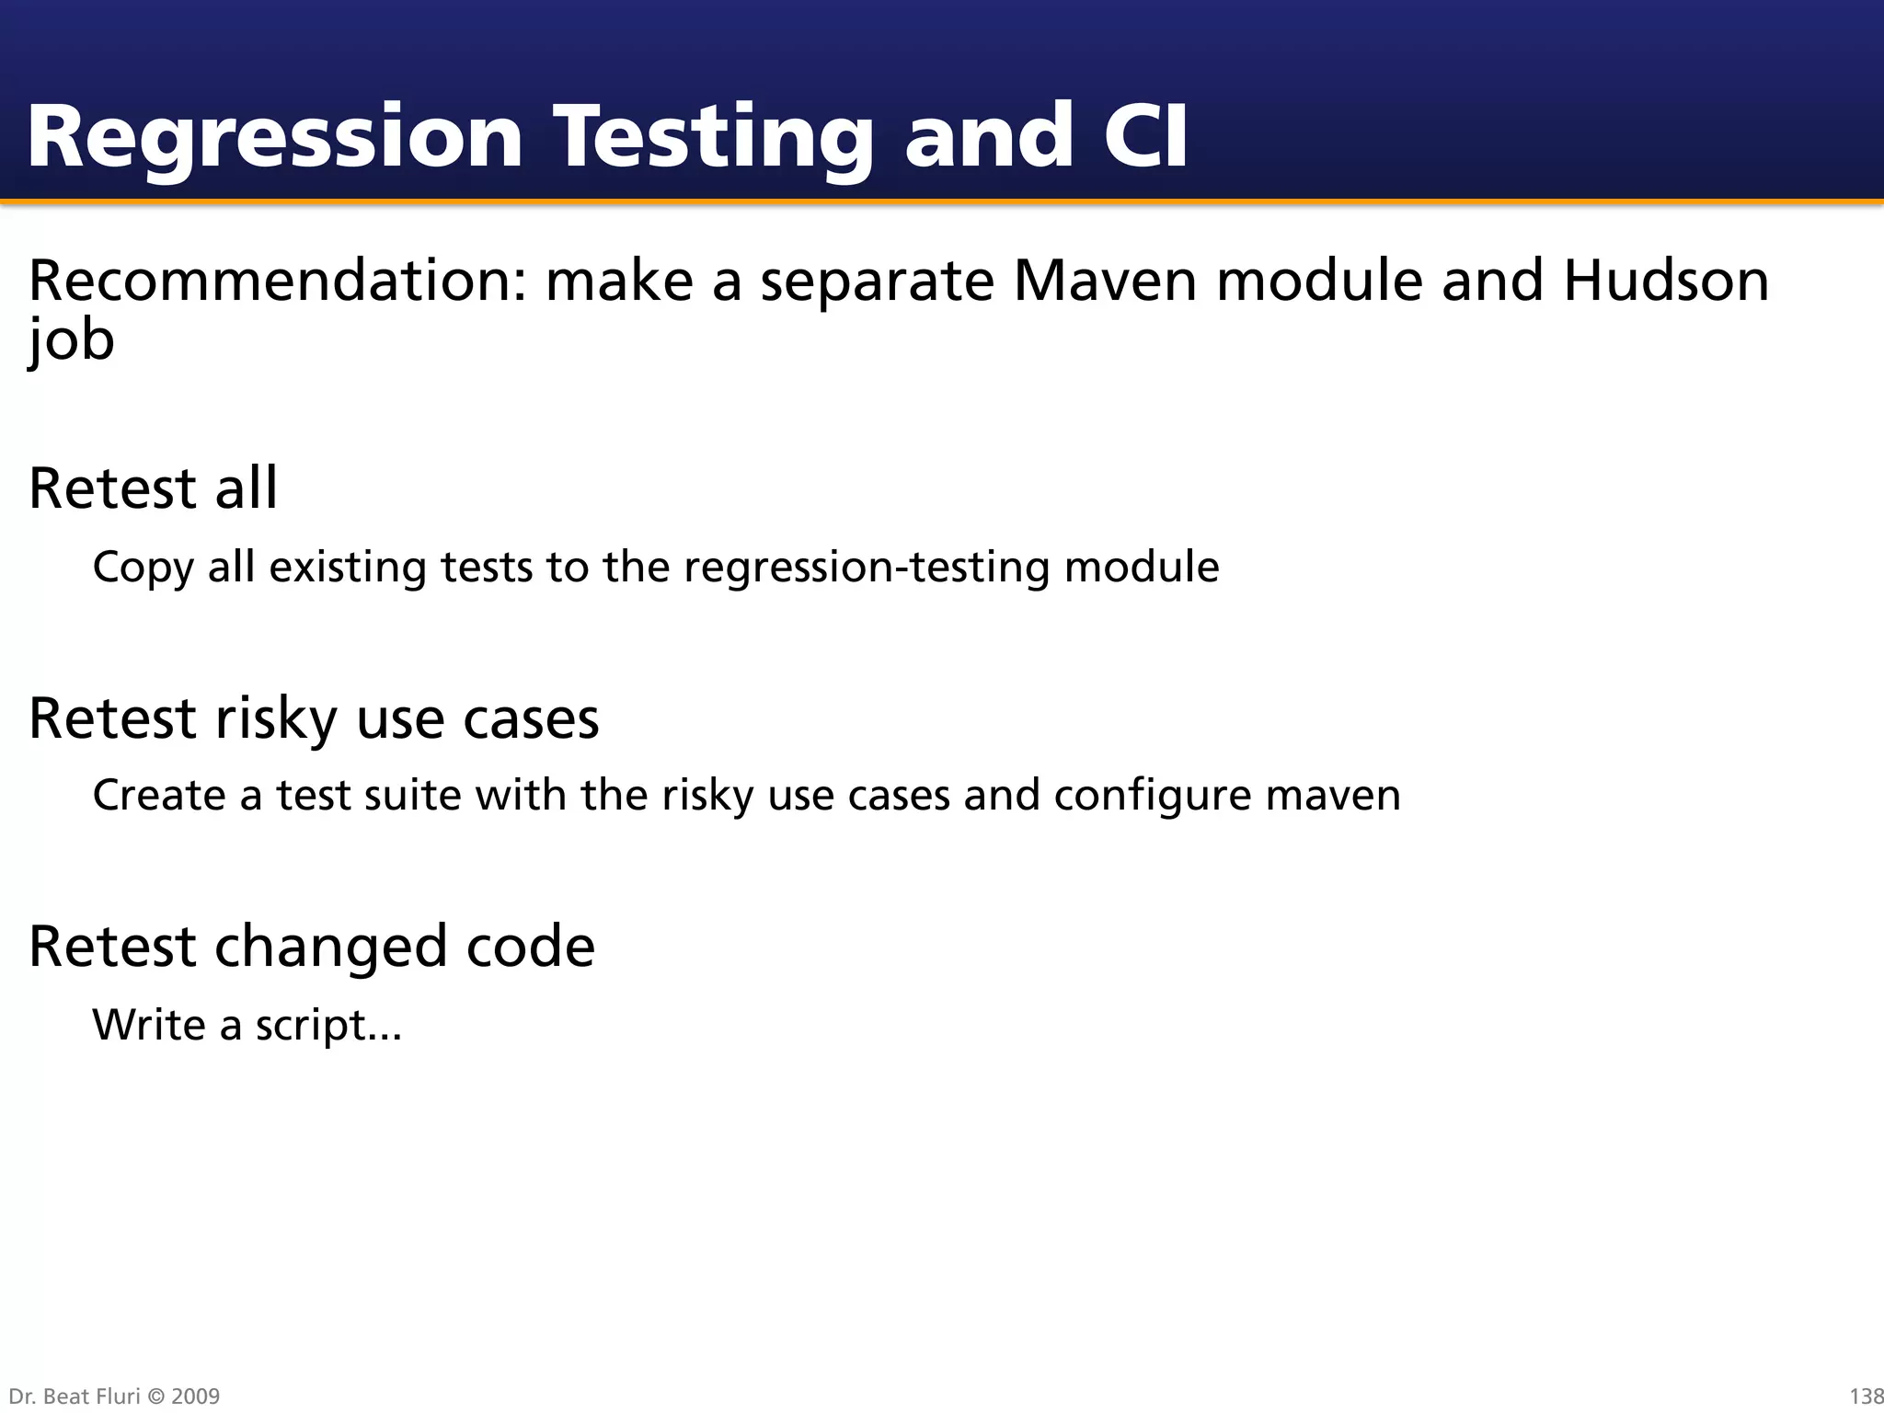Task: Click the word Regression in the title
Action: tap(274, 138)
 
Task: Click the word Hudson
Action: tap(1666, 281)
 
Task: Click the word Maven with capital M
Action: tap(1104, 281)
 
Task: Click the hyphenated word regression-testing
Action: tap(866, 567)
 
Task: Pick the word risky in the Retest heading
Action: tap(275, 718)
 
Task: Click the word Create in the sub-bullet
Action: tap(158, 795)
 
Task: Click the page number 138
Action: tap(1866, 1396)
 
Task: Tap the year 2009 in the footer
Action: tap(196, 1396)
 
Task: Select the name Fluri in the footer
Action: tap(116, 1396)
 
